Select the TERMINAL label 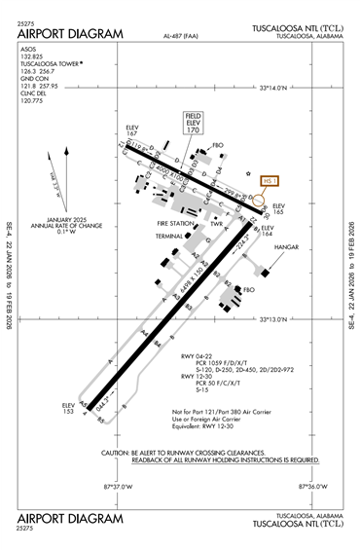click(x=169, y=236)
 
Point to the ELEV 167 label click(x=133, y=129)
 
